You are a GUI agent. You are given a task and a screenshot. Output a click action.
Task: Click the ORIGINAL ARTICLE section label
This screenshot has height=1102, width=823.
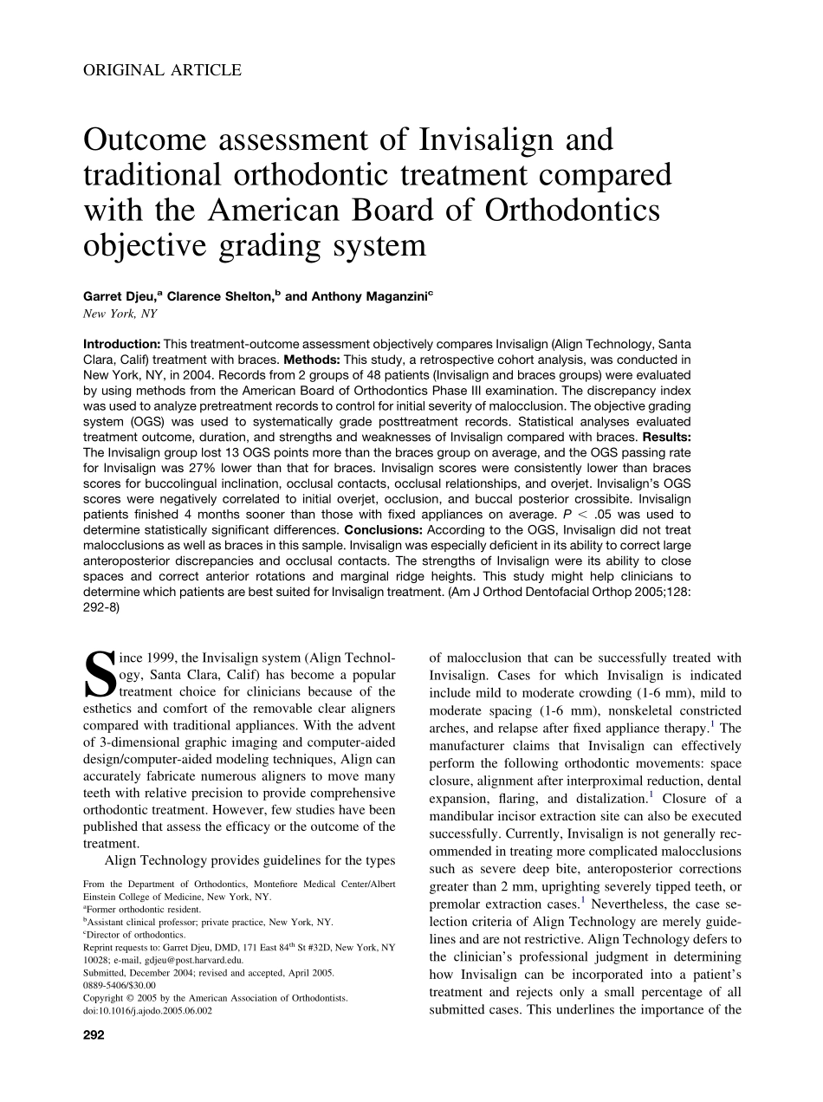tap(162, 71)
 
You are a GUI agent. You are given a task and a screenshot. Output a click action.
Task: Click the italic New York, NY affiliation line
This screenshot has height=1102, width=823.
tap(120, 314)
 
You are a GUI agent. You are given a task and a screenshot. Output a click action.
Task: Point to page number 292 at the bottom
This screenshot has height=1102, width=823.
tap(93, 1035)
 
